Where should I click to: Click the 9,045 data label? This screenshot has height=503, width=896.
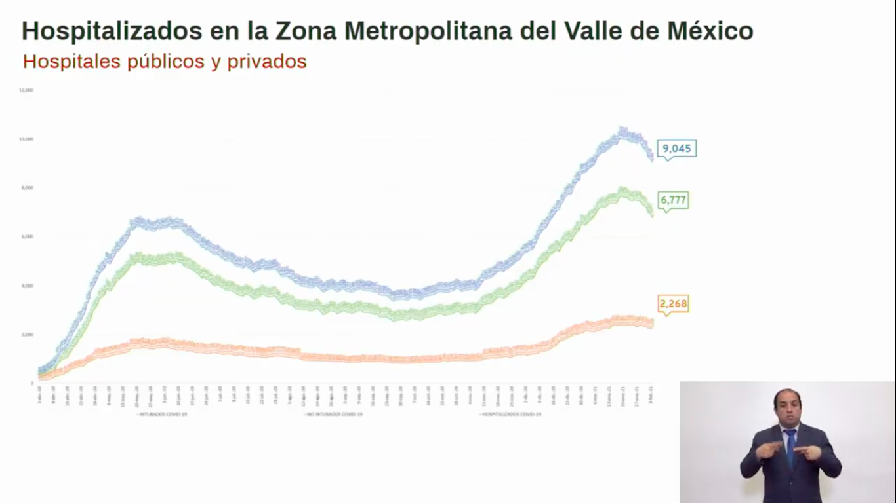677,149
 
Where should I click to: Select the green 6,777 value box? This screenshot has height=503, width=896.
674,200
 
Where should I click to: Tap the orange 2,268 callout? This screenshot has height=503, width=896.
674,304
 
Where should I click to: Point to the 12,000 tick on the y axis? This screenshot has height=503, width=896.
26,90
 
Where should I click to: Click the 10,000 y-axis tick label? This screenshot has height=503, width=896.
26,139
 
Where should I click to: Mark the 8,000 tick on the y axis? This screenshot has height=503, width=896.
28,188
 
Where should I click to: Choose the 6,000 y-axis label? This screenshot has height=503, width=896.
28,236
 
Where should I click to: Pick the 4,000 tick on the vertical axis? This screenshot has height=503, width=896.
28,286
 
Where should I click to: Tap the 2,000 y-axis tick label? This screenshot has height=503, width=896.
28,335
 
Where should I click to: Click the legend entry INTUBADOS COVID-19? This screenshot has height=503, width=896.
163,414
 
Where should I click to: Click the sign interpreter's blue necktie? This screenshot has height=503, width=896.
790,446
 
